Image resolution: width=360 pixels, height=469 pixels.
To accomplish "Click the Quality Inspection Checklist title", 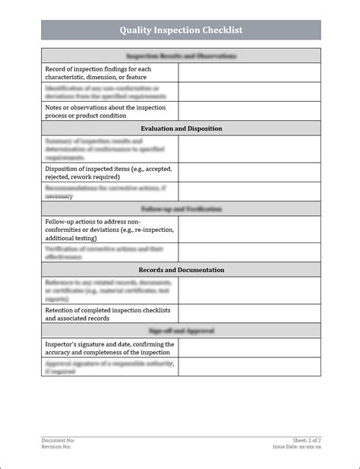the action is [181, 30].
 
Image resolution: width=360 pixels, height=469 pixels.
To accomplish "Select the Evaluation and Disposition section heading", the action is [181, 128].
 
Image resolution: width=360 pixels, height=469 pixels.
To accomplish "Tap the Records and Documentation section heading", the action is [181, 270].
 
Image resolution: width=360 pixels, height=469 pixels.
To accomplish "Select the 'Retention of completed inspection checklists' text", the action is [106, 314].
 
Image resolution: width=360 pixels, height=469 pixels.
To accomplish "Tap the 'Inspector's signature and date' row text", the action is [109, 348].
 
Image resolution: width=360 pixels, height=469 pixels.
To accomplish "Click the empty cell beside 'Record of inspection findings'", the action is [249, 73].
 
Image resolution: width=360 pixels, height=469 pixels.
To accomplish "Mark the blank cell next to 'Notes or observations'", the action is [249, 112].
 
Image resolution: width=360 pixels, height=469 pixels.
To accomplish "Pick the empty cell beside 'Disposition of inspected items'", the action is [249, 173].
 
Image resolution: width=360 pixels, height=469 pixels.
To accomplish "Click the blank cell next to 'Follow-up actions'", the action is [249, 229].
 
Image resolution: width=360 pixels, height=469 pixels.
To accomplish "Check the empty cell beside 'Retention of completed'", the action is [249, 314].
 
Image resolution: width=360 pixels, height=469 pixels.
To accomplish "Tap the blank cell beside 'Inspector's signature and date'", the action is [249, 348].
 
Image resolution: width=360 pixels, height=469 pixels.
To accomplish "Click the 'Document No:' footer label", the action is [58, 440].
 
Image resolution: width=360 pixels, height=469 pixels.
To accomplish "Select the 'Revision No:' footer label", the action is [57, 447].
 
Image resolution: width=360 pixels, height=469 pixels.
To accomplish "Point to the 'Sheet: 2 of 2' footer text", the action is [306, 440].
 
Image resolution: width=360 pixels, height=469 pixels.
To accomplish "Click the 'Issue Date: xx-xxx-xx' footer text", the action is [297, 447].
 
